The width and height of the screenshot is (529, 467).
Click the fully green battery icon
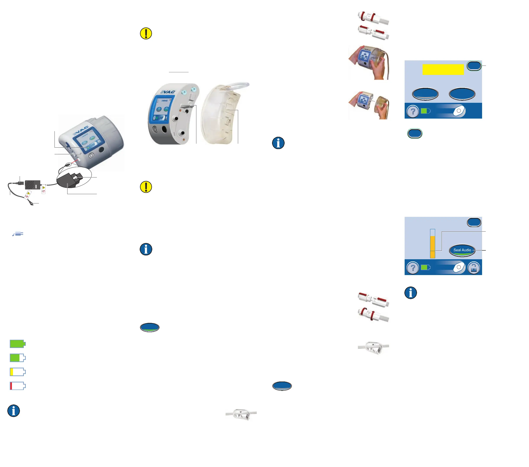pyautogui.click(x=17, y=344)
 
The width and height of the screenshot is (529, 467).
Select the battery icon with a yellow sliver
pyautogui.click(x=17, y=372)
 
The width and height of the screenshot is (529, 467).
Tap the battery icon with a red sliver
pyautogui.click(x=17, y=386)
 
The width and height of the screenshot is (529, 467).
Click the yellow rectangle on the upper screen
pyautogui.click(x=443, y=69)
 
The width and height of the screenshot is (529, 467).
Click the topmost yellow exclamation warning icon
pyautogui.click(x=146, y=33)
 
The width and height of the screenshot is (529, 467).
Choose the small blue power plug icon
pyautogui.click(x=18, y=234)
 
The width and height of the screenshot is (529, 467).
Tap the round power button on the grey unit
pyautogui.click(x=91, y=155)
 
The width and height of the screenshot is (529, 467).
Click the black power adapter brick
pyautogui.click(x=33, y=185)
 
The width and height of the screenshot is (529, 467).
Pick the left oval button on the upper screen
pyautogui.click(x=425, y=94)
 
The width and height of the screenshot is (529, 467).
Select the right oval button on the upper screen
pyautogui.click(x=462, y=94)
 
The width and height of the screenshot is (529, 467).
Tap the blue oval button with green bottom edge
pyautogui.click(x=150, y=327)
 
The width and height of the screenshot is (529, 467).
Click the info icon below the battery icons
pyautogui.click(x=13, y=411)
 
